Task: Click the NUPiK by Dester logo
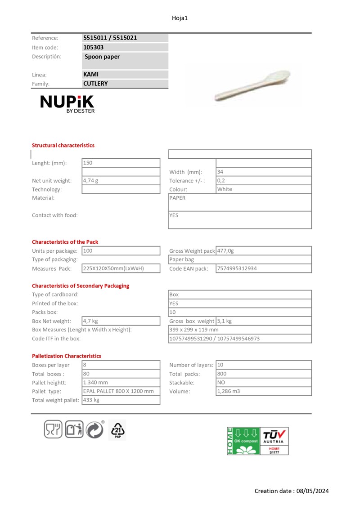point(67,103)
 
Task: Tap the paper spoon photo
point(252,86)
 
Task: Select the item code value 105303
point(93,47)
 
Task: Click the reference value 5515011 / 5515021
point(110,38)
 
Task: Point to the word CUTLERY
point(95,84)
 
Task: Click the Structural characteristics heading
point(63,145)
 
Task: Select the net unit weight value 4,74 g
point(90,181)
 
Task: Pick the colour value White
point(225,189)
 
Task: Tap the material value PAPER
point(177,198)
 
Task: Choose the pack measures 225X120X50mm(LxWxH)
point(113,268)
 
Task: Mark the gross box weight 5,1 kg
point(225,321)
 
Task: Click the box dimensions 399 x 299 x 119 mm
point(194,330)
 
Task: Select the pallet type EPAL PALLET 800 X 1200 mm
point(118,391)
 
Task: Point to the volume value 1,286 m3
point(229,391)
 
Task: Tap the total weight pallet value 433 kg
point(91,400)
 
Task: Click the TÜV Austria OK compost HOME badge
point(258,440)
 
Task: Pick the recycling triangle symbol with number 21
point(117,430)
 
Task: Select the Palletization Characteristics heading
point(67,356)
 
